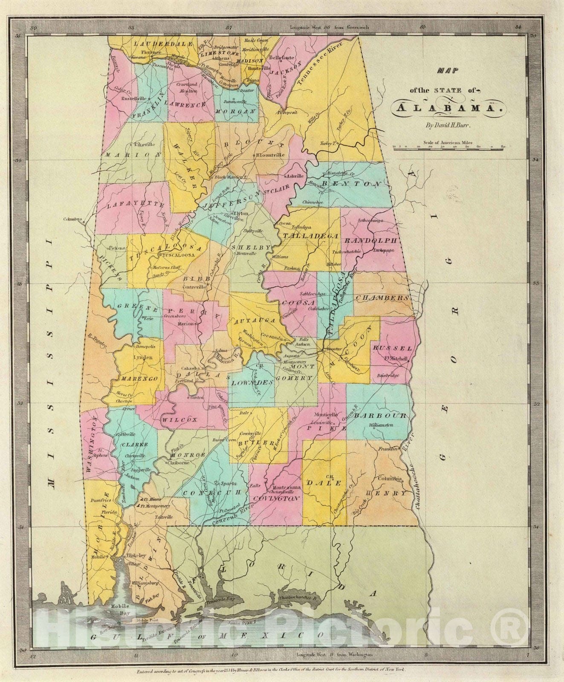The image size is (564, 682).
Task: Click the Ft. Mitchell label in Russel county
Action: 396,358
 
